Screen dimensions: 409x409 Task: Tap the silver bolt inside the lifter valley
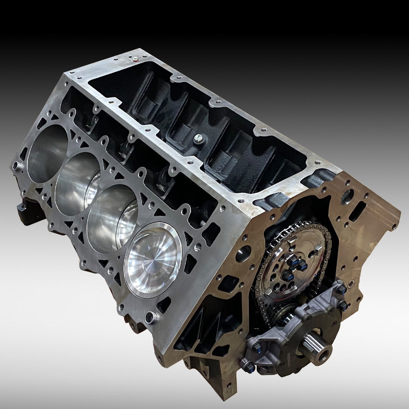[198, 139]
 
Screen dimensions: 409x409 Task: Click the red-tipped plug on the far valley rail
[135, 59]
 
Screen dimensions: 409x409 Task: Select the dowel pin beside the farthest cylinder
[16, 166]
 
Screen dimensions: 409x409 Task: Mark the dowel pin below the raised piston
[152, 318]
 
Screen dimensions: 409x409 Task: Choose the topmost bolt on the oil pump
[340, 289]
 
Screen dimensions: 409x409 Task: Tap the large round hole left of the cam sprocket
[244, 253]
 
